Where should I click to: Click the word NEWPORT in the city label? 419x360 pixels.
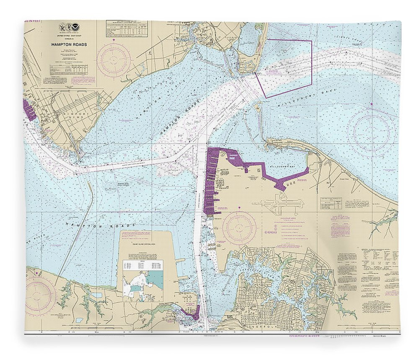click(72, 113)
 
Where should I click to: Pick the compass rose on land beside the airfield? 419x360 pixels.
click(239, 228)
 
